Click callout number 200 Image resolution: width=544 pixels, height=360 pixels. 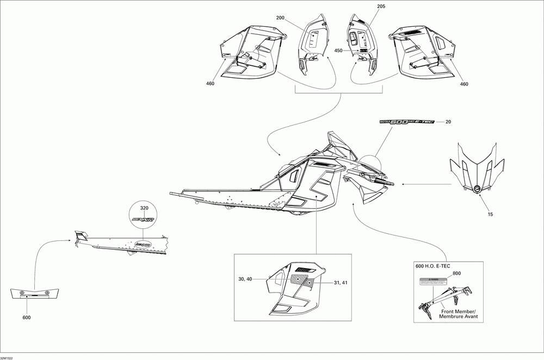280,18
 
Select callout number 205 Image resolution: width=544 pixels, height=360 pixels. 380,7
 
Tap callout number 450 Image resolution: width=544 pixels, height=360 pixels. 338,51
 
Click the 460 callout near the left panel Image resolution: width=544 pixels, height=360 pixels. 211,83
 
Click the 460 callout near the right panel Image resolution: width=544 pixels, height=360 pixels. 463,84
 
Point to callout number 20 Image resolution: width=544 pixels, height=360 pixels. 448,122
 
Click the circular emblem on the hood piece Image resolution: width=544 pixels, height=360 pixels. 477,189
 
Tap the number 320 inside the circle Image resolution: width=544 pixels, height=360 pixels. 144,209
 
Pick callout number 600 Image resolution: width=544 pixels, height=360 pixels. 26,317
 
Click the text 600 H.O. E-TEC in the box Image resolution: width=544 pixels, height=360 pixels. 434,265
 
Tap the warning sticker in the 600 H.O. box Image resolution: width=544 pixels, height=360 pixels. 433,281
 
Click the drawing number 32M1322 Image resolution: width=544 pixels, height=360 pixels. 8,357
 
